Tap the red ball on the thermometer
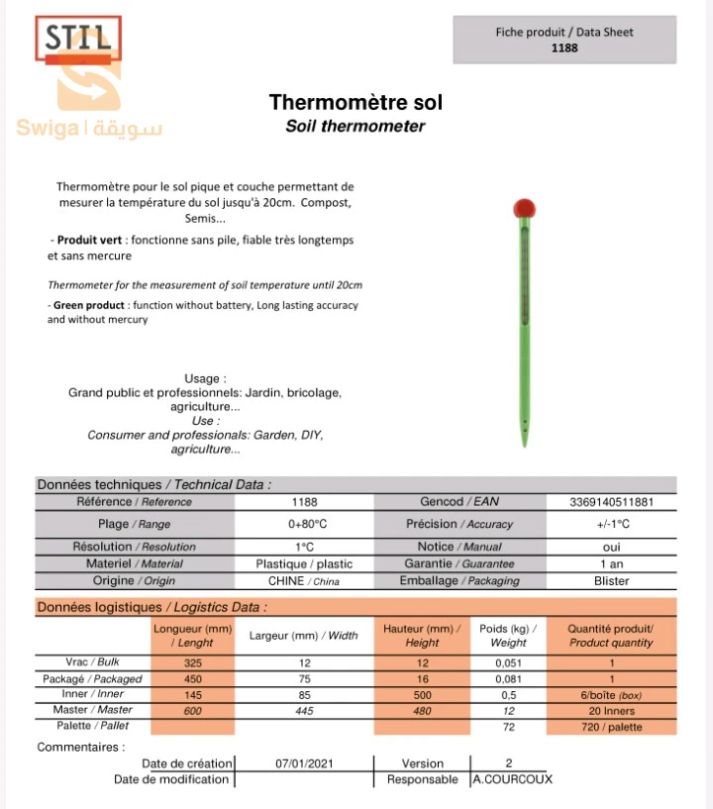click(524, 209)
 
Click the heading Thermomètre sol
click(356, 103)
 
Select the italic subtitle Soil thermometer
click(356, 126)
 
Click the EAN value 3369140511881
click(611, 502)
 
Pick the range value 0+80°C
click(307, 524)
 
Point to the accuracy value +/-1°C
click(611, 524)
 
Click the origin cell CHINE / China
click(303, 581)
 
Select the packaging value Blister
click(611, 581)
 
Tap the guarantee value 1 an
click(611, 563)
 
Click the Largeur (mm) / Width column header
click(303, 636)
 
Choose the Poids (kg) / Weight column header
click(508, 636)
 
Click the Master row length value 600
click(192, 710)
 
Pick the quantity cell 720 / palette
click(611, 727)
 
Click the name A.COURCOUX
click(512, 779)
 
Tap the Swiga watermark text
click(89, 129)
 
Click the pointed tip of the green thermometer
click(525, 444)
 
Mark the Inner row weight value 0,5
click(508, 694)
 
